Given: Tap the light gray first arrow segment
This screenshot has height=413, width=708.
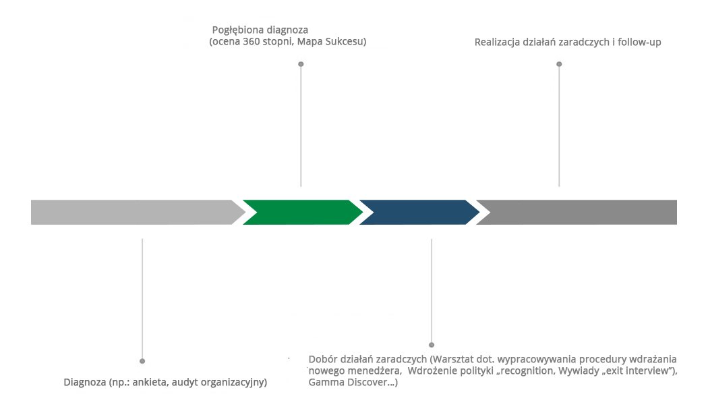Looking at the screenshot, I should tap(135, 212).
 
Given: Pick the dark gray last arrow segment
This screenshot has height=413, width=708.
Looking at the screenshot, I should tap(580, 212).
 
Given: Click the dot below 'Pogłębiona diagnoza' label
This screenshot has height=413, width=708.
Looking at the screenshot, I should tap(301, 64).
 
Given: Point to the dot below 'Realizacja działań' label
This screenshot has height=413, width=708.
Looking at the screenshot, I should tap(559, 64).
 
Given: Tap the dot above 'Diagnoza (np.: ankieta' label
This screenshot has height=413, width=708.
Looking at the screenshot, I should tap(142, 361).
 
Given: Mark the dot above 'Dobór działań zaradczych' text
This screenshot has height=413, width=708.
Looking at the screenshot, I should tap(432, 345).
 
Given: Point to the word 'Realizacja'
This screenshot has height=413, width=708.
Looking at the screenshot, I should tap(498, 43).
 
